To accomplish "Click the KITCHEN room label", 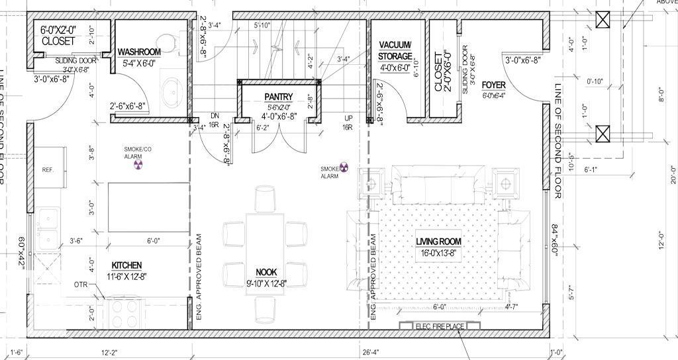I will (x=126, y=265).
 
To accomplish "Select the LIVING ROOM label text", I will (x=438, y=242).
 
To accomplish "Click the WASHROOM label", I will (x=139, y=52).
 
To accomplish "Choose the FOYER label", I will (x=494, y=85).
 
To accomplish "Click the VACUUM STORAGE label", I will (x=395, y=50).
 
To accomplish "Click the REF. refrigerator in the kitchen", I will (x=48, y=169).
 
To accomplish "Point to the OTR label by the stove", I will (x=81, y=285).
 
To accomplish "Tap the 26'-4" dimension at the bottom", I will (x=371, y=351).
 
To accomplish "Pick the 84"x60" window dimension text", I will (x=555, y=239).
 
